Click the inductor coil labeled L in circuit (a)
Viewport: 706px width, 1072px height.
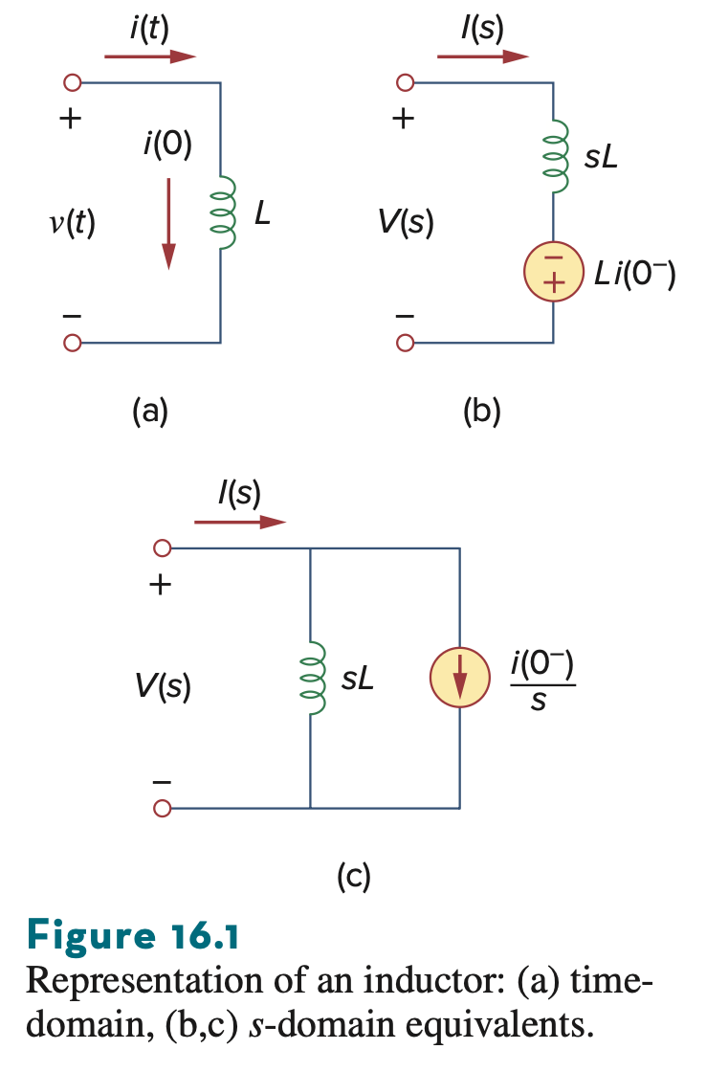tap(224, 212)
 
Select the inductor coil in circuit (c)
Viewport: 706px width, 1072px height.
tap(313, 679)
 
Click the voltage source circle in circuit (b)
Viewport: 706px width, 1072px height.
tap(554, 272)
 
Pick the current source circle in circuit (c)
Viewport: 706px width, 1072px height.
tap(460, 677)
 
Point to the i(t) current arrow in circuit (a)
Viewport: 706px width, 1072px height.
tap(150, 56)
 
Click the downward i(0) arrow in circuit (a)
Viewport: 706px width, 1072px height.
tap(168, 224)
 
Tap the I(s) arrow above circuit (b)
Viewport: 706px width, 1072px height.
tap(483, 56)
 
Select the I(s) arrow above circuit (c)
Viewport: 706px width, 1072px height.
tap(240, 523)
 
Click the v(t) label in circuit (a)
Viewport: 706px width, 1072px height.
tap(73, 222)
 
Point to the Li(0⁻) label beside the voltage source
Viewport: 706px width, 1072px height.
tap(635, 274)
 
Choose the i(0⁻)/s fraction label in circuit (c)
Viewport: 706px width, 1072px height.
tap(542, 681)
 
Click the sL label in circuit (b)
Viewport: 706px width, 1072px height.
tap(602, 157)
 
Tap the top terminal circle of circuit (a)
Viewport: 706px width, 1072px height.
tap(72, 82)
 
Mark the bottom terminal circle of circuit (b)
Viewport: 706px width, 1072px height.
tap(405, 343)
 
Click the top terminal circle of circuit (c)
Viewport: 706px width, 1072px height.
tap(162, 548)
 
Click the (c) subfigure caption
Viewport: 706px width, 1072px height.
tap(354, 877)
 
